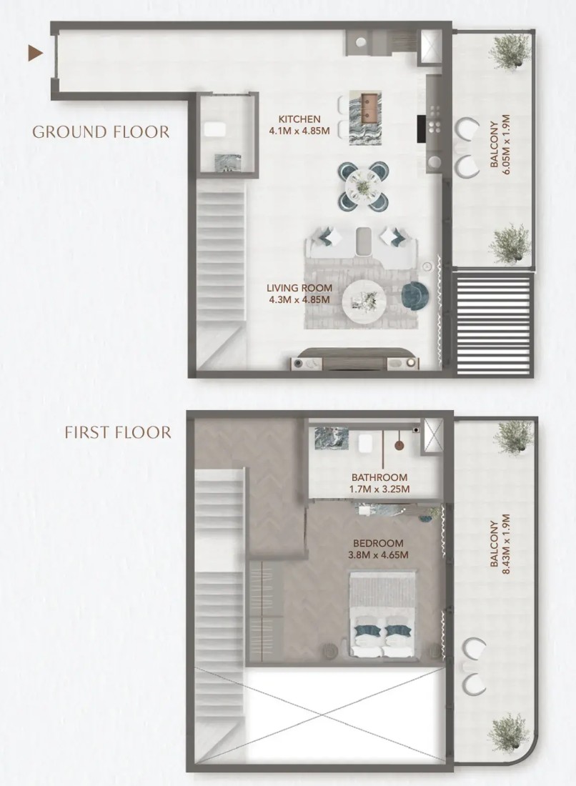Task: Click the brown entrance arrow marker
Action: [34, 53]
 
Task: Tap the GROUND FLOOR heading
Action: [101, 132]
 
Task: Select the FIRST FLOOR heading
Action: [118, 432]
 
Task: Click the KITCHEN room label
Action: [299, 119]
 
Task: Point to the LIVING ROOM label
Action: [299, 288]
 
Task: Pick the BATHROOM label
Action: [379, 477]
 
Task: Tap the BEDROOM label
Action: [378, 543]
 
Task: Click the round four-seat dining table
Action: [364, 186]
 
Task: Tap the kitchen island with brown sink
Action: [365, 118]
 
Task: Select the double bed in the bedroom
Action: [382, 613]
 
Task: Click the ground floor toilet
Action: [215, 129]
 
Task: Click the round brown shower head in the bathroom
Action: [399, 445]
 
